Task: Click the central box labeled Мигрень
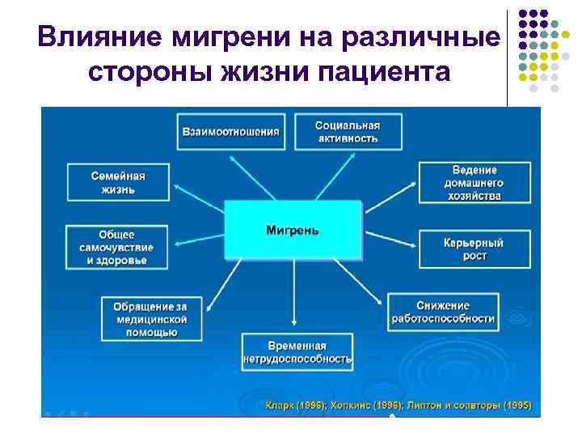point(292,230)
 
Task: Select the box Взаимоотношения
point(230,131)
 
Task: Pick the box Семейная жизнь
point(118,182)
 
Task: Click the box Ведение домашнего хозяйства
point(474,183)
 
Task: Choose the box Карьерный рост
point(474,249)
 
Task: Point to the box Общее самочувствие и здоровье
point(118,247)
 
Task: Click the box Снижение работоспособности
point(453,311)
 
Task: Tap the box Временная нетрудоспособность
point(297,350)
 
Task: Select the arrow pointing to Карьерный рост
point(388,239)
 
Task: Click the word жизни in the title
point(265,72)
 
